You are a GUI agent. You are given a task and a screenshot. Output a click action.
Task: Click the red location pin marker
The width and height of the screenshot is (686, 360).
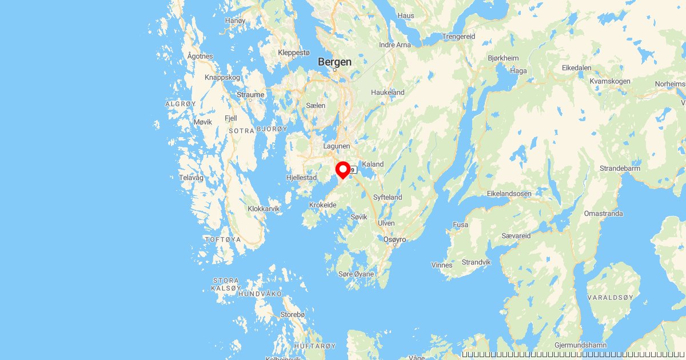pos(342,170)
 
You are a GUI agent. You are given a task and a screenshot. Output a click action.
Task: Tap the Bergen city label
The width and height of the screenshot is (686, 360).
pos(334,62)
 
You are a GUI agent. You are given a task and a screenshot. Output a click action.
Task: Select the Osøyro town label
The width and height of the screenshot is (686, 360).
pos(394,239)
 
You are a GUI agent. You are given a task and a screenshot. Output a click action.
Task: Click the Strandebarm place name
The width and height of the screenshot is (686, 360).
pos(620,169)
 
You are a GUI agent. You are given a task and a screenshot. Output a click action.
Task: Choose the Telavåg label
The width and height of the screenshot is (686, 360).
pos(191,178)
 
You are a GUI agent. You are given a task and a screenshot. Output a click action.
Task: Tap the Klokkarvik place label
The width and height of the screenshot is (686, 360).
pos(264,209)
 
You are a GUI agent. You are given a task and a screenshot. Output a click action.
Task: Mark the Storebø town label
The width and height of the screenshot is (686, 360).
pos(293,315)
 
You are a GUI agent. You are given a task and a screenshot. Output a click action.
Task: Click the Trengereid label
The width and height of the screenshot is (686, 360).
pos(458,37)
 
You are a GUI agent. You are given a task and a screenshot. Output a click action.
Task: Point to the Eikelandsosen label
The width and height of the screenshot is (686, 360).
pos(509,194)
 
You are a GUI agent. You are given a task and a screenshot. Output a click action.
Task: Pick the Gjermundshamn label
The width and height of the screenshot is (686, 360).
pos(580,346)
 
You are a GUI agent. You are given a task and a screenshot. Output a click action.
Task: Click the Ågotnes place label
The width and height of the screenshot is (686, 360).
pos(200,56)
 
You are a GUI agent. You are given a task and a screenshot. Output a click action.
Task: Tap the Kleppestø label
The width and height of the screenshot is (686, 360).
pos(293,53)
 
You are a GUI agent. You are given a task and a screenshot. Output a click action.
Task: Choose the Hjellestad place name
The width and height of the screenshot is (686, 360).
pos(301,178)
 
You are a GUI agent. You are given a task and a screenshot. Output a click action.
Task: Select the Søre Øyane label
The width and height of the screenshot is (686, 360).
pos(356,274)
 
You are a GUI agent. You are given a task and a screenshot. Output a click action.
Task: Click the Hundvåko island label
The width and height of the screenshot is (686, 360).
pos(260,293)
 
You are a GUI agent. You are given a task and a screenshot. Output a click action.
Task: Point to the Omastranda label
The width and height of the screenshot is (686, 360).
pos(603,213)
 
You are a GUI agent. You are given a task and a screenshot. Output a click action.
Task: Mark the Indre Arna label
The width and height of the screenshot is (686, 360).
pos(395,45)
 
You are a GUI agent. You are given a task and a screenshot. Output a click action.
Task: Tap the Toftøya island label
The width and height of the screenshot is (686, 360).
pos(222,239)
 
